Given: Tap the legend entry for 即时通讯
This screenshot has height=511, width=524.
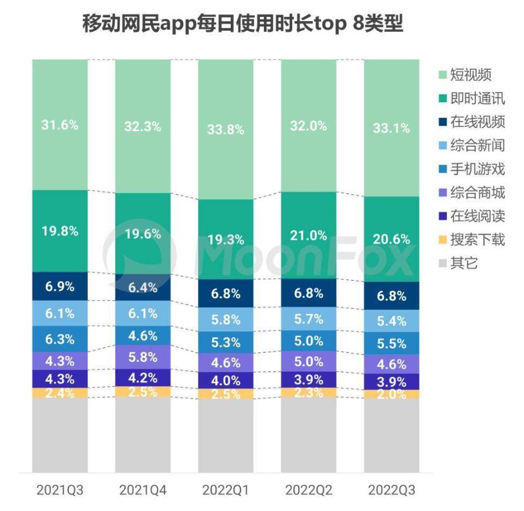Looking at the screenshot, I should pos(471,99).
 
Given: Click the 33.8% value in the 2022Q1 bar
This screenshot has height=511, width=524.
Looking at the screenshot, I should pos(226,129).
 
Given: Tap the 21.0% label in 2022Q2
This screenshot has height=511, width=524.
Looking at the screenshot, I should pos(309,235).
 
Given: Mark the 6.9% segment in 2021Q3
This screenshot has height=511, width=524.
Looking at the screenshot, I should pos(59,287).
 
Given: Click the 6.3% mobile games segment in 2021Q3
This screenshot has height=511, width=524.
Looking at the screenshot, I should pos(59,338).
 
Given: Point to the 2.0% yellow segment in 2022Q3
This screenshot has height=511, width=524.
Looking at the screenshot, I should pos(392,394).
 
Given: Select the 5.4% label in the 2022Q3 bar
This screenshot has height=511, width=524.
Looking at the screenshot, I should pos(392,321).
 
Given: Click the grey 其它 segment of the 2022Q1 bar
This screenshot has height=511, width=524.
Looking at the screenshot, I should pos(226,436).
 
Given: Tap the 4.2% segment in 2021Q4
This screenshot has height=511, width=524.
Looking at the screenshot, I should pos(143,378).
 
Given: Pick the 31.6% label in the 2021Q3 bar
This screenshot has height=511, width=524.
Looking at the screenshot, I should pos(59,126).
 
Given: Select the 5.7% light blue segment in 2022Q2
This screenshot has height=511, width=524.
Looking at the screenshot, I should pos(309,319).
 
